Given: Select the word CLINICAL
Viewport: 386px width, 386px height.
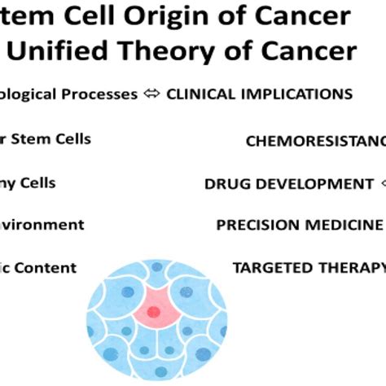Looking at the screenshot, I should tap(200, 94).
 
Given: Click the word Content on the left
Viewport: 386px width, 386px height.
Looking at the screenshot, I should tap(49, 267).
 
